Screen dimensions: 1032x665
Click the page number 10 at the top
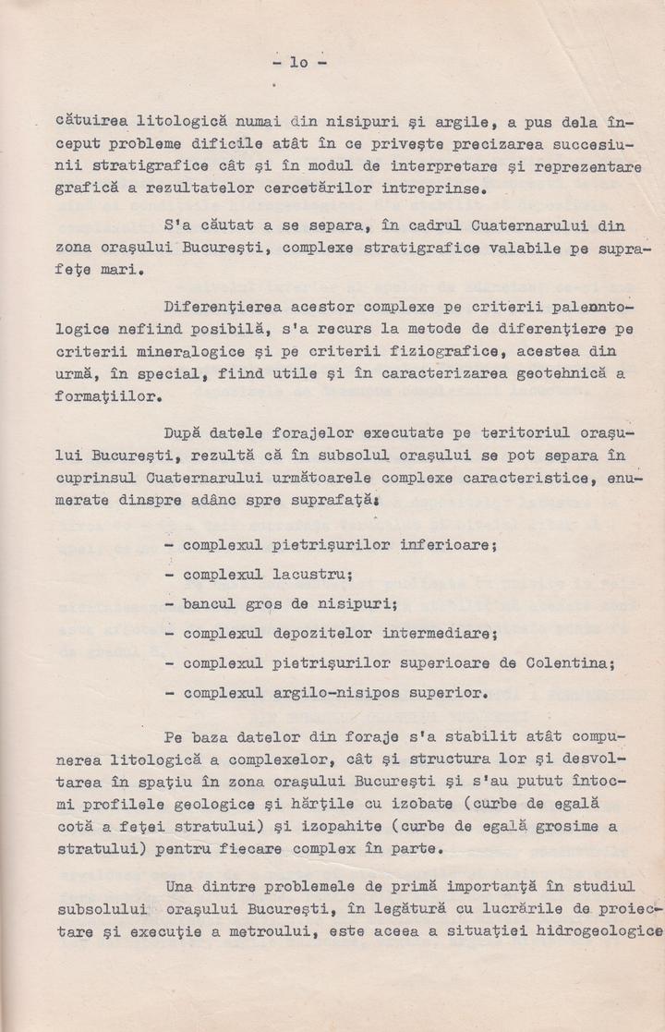(300, 63)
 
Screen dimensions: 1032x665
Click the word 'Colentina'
(566, 663)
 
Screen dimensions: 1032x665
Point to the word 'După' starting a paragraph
(187, 432)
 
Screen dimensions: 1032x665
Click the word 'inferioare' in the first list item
(447, 544)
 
